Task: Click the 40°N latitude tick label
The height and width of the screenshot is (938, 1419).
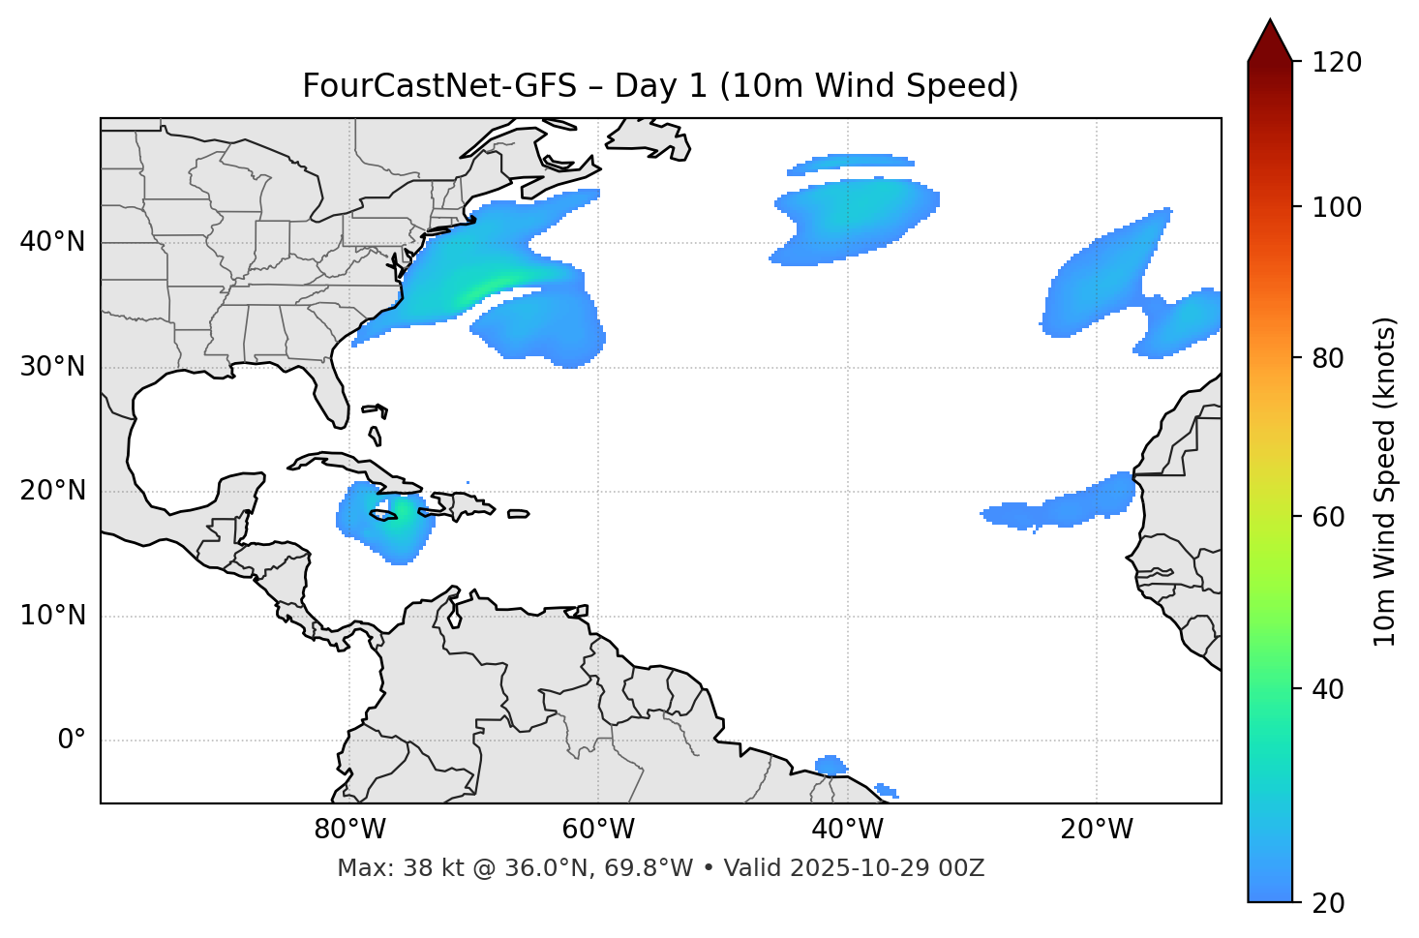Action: (52, 242)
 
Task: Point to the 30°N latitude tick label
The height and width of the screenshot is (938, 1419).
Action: (52, 367)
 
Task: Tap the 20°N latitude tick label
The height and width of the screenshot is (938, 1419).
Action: (52, 491)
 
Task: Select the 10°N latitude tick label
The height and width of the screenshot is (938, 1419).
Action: (52, 616)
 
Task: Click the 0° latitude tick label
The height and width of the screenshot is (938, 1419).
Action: (71, 741)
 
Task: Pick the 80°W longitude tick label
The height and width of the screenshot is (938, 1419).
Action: (349, 830)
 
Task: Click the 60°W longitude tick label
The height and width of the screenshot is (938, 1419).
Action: (598, 830)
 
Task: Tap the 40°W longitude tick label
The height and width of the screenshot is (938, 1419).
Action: (847, 830)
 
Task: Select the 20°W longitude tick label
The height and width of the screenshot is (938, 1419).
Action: (1096, 830)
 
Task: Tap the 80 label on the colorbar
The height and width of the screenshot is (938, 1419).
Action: (1326, 358)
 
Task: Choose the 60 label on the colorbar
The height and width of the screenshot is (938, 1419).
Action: (1326, 517)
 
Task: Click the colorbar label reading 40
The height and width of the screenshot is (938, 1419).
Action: (1326, 689)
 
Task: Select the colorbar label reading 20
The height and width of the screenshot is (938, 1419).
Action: (1326, 903)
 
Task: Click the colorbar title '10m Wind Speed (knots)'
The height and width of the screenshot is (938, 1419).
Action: (1385, 481)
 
